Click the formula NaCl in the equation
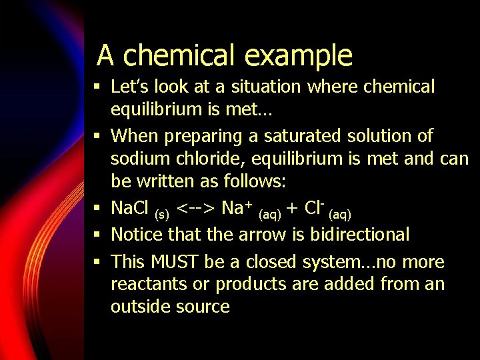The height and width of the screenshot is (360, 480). point(131,209)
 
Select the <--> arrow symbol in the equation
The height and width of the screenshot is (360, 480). point(197,209)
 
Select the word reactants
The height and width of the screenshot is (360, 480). point(143,285)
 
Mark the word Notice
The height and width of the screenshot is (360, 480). point(137,234)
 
